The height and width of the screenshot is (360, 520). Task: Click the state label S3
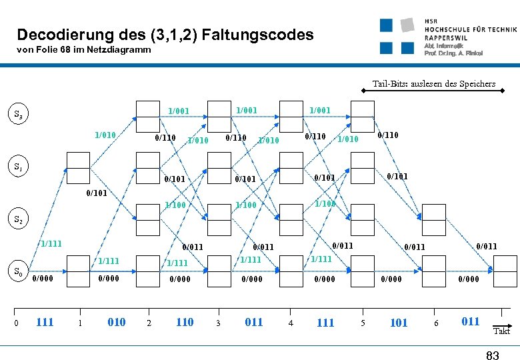pyautogui.click(x=21, y=115)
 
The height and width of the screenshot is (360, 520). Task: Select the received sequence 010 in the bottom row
pyautogui.click(x=116, y=322)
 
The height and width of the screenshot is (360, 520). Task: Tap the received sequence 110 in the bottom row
pyautogui.click(x=184, y=322)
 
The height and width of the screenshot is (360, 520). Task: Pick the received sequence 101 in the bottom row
pyautogui.click(x=398, y=323)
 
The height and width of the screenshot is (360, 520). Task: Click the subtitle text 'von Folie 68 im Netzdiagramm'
pyautogui.click(x=84, y=50)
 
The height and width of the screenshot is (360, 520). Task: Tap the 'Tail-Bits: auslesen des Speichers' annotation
pyautogui.click(x=433, y=84)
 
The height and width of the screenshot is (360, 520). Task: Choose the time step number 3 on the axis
pyautogui.click(x=218, y=323)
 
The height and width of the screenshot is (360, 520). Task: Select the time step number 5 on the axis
pyautogui.click(x=363, y=323)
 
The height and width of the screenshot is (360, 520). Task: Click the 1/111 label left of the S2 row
pyautogui.click(x=51, y=244)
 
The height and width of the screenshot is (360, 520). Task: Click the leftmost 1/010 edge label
pyautogui.click(x=105, y=135)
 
